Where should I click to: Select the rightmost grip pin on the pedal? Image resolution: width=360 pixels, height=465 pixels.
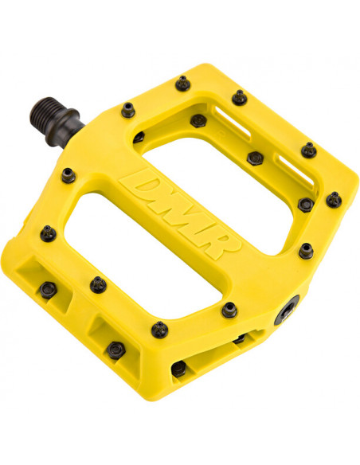tap(335, 199)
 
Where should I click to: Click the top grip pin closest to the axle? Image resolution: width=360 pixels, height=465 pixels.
tap(127, 109)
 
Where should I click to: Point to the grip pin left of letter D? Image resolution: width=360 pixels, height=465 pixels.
tap(68, 175)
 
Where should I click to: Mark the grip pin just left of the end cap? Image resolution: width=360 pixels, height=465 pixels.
tap(229, 309)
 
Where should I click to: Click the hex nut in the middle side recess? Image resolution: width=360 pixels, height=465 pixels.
tap(116, 348)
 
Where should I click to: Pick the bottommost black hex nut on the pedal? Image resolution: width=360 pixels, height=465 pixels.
tap(179, 368)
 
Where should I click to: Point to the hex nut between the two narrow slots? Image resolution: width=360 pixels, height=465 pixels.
tap(255, 158)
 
